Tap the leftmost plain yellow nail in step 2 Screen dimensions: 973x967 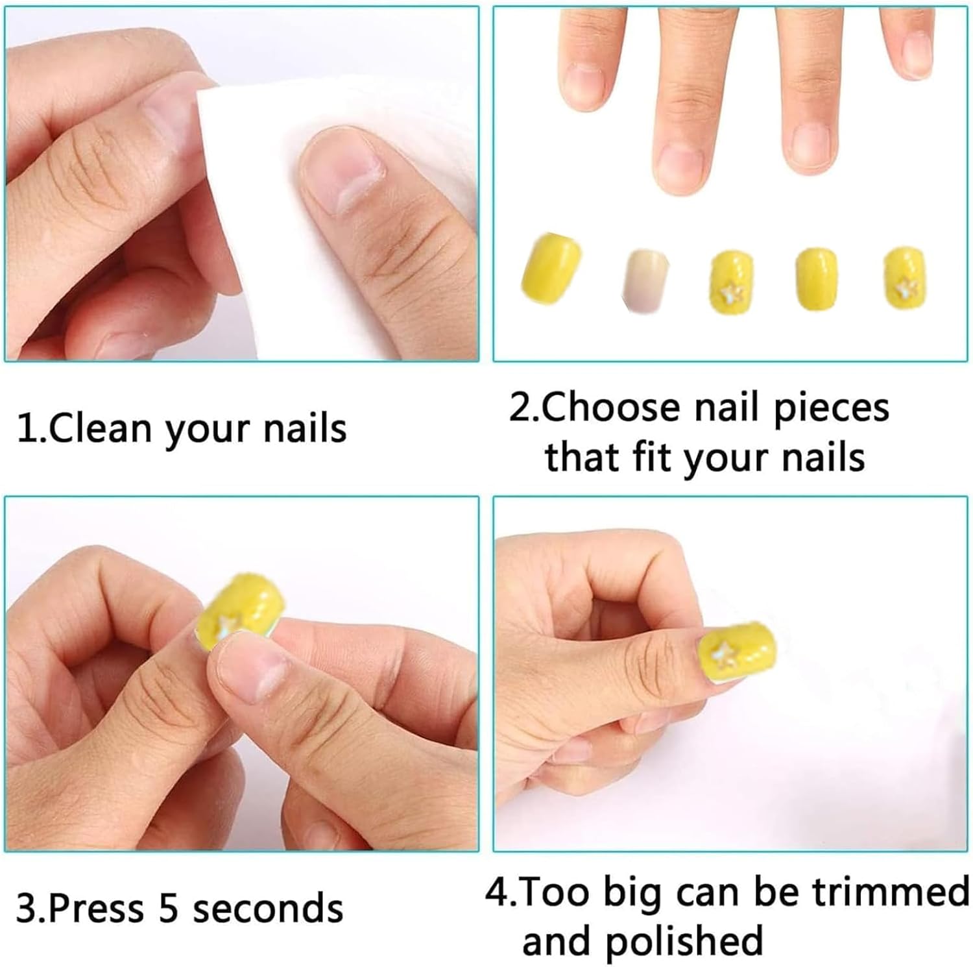tap(551, 269)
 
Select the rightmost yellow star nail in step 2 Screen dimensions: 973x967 tap(905, 276)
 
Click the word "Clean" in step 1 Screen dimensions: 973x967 tap(101, 429)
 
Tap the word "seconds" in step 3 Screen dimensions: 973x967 tap(268, 909)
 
